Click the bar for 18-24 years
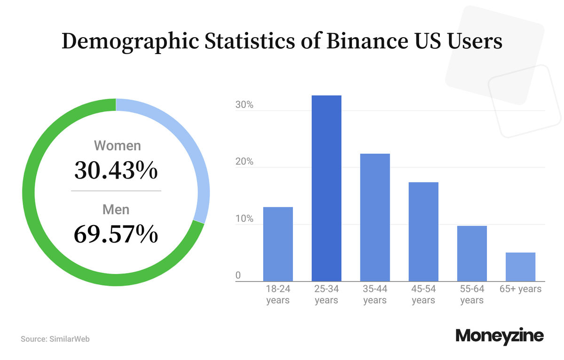[x=278, y=244]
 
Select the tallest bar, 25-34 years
[x=326, y=188]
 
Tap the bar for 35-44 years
[x=375, y=217]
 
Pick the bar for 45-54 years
[x=423, y=232]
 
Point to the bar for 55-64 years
[x=472, y=253]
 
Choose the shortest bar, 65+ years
[x=520, y=267]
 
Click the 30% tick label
[x=244, y=105]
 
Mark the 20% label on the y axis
[x=244, y=162]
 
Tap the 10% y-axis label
[x=244, y=219]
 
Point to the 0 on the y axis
[x=238, y=275]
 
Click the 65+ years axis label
[x=520, y=289]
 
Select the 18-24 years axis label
[x=278, y=294]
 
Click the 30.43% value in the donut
[x=116, y=170]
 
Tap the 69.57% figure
[x=116, y=234]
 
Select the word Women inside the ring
[x=117, y=145]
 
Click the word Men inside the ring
[x=116, y=209]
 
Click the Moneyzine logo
[x=500, y=336]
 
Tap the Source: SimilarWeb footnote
[x=55, y=338]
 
